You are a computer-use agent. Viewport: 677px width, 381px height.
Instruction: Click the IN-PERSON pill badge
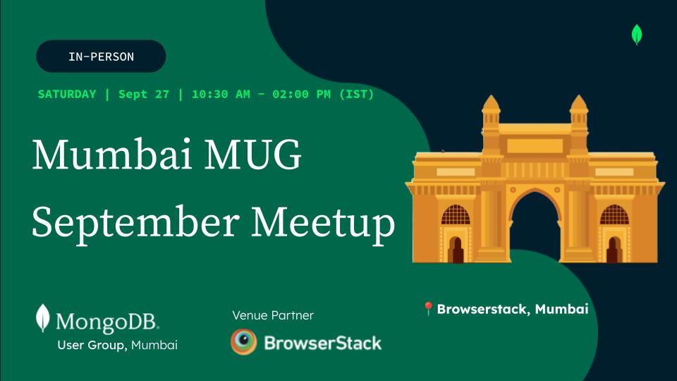tap(101, 56)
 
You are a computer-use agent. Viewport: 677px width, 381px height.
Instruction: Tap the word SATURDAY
tap(67, 94)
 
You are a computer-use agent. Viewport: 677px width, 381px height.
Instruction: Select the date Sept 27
tap(144, 94)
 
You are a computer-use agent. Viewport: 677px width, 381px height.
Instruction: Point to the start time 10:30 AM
tap(221, 94)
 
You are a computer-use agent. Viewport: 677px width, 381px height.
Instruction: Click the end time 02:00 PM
tap(301, 94)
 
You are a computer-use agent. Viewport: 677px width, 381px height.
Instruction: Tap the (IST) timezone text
tap(357, 94)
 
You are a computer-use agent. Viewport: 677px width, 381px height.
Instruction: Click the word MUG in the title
tap(252, 155)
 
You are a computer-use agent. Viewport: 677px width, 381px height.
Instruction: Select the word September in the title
tap(135, 223)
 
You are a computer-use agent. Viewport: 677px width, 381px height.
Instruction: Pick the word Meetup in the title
tap(322, 223)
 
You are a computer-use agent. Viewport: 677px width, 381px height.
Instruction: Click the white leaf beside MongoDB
tap(42, 318)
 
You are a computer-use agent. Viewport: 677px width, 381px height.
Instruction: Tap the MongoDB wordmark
tap(107, 322)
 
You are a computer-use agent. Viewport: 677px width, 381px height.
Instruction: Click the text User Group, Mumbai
tap(118, 345)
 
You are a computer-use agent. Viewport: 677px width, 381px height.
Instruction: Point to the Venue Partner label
tap(273, 315)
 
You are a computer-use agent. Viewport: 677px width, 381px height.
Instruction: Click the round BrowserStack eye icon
tap(243, 341)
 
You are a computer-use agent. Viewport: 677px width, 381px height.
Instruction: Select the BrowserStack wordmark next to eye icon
tap(322, 343)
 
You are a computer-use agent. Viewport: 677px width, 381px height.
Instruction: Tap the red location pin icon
tap(428, 309)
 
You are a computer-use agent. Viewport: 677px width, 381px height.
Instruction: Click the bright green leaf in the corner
tap(637, 35)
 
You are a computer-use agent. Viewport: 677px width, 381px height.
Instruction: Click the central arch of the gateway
tap(535, 224)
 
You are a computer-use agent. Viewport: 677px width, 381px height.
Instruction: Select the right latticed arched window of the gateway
tap(614, 214)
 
